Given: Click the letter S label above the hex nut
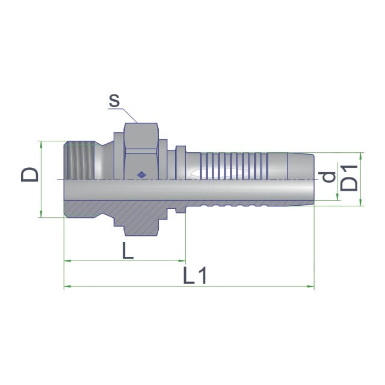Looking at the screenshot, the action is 114,100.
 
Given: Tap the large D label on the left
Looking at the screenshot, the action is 29,174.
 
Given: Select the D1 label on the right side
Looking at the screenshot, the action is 349,178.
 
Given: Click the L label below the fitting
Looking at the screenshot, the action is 128,250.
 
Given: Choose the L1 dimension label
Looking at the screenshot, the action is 195,276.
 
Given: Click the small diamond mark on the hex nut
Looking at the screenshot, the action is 141,175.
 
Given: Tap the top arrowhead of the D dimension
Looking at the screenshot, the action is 41,144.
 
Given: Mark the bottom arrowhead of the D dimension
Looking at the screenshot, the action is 41,214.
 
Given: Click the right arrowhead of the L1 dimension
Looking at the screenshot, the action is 311,286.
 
